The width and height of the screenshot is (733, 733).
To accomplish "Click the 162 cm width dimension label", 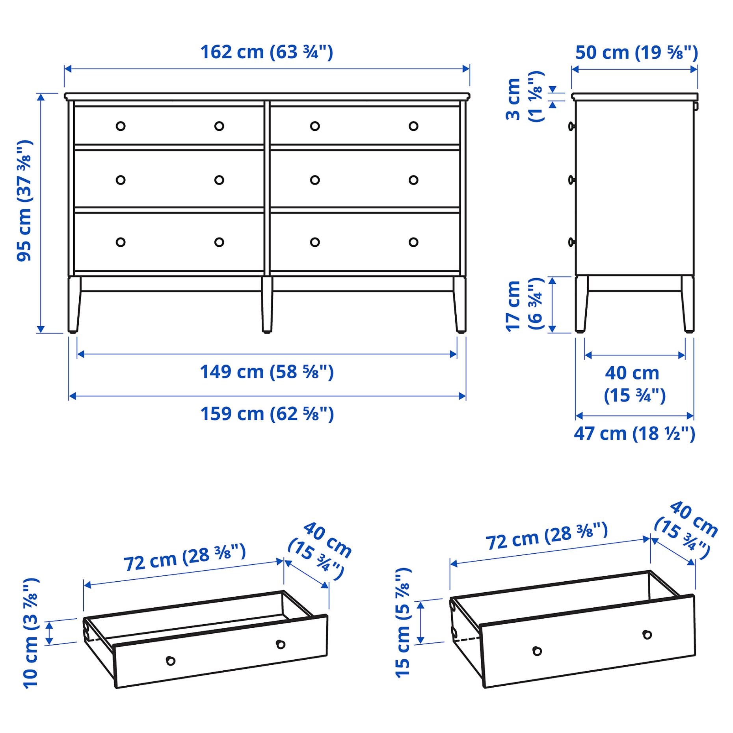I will click(x=266, y=52).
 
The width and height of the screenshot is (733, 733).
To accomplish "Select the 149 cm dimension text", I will click(x=266, y=372).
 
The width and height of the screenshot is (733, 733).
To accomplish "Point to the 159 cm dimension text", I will click(x=266, y=414).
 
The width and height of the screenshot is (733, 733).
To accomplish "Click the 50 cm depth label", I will click(x=636, y=53).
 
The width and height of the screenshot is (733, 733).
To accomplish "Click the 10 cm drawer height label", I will click(x=31, y=633).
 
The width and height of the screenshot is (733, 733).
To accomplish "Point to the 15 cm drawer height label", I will click(x=403, y=623).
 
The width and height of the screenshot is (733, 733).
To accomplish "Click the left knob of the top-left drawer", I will click(x=121, y=126).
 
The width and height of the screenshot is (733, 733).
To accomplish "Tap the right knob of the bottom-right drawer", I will click(x=413, y=242).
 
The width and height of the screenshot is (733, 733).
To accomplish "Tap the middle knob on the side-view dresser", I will click(x=571, y=180).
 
